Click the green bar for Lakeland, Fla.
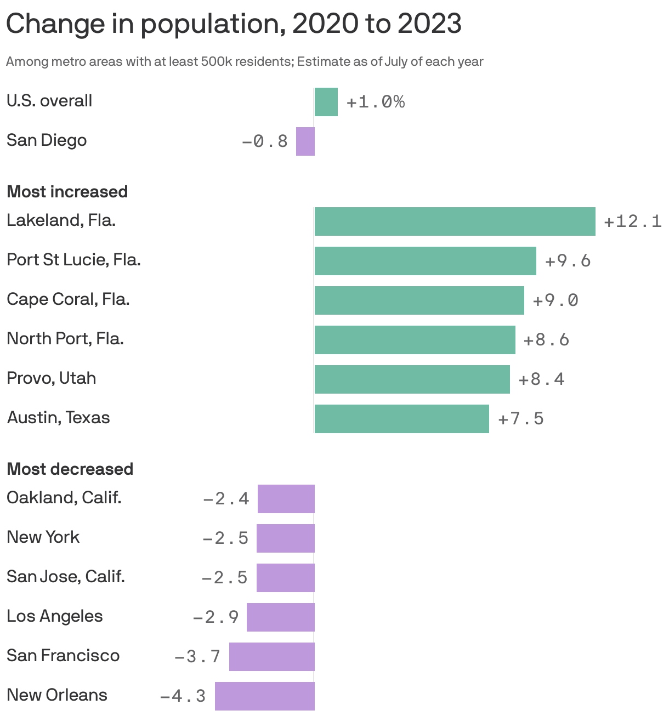coord(455,221)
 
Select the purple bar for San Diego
coord(305,141)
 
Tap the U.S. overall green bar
coord(326,102)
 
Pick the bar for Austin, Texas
coord(401,419)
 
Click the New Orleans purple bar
coord(265,696)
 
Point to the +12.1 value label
coord(632,221)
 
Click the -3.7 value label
coord(197,656)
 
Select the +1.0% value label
coord(376,102)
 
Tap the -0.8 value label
coord(265,141)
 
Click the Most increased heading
coord(67,192)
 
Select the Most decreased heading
coord(70,469)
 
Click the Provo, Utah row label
coord(51,378)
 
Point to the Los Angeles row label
coord(54,616)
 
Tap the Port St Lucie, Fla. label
coord(73,260)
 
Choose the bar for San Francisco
coord(272,657)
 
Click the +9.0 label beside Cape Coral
coord(555,300)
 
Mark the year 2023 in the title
coord(429,24)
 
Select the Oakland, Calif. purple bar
coord(286,499)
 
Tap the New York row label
coord(43,537)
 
